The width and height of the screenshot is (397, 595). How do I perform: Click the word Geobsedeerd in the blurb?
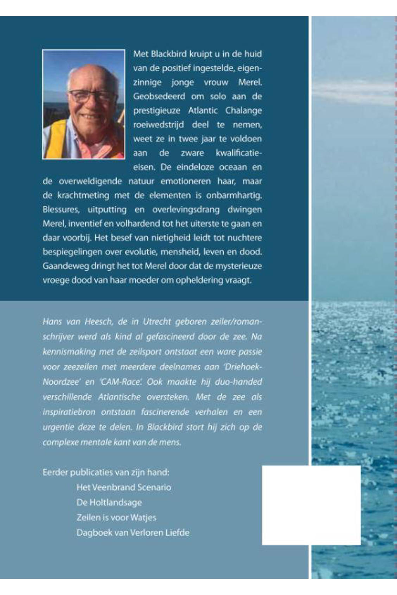click(x=159, y=96)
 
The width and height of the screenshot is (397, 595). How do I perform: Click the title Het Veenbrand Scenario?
click(x=124, y=487)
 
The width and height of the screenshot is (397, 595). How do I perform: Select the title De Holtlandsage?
click(x=109, y=502)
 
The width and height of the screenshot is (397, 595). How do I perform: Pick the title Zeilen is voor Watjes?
click(x=116, y=518)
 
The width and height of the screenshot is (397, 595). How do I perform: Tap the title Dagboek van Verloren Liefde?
click(x=133, y=533)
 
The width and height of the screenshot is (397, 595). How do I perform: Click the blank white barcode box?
click(x=311, y=505)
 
